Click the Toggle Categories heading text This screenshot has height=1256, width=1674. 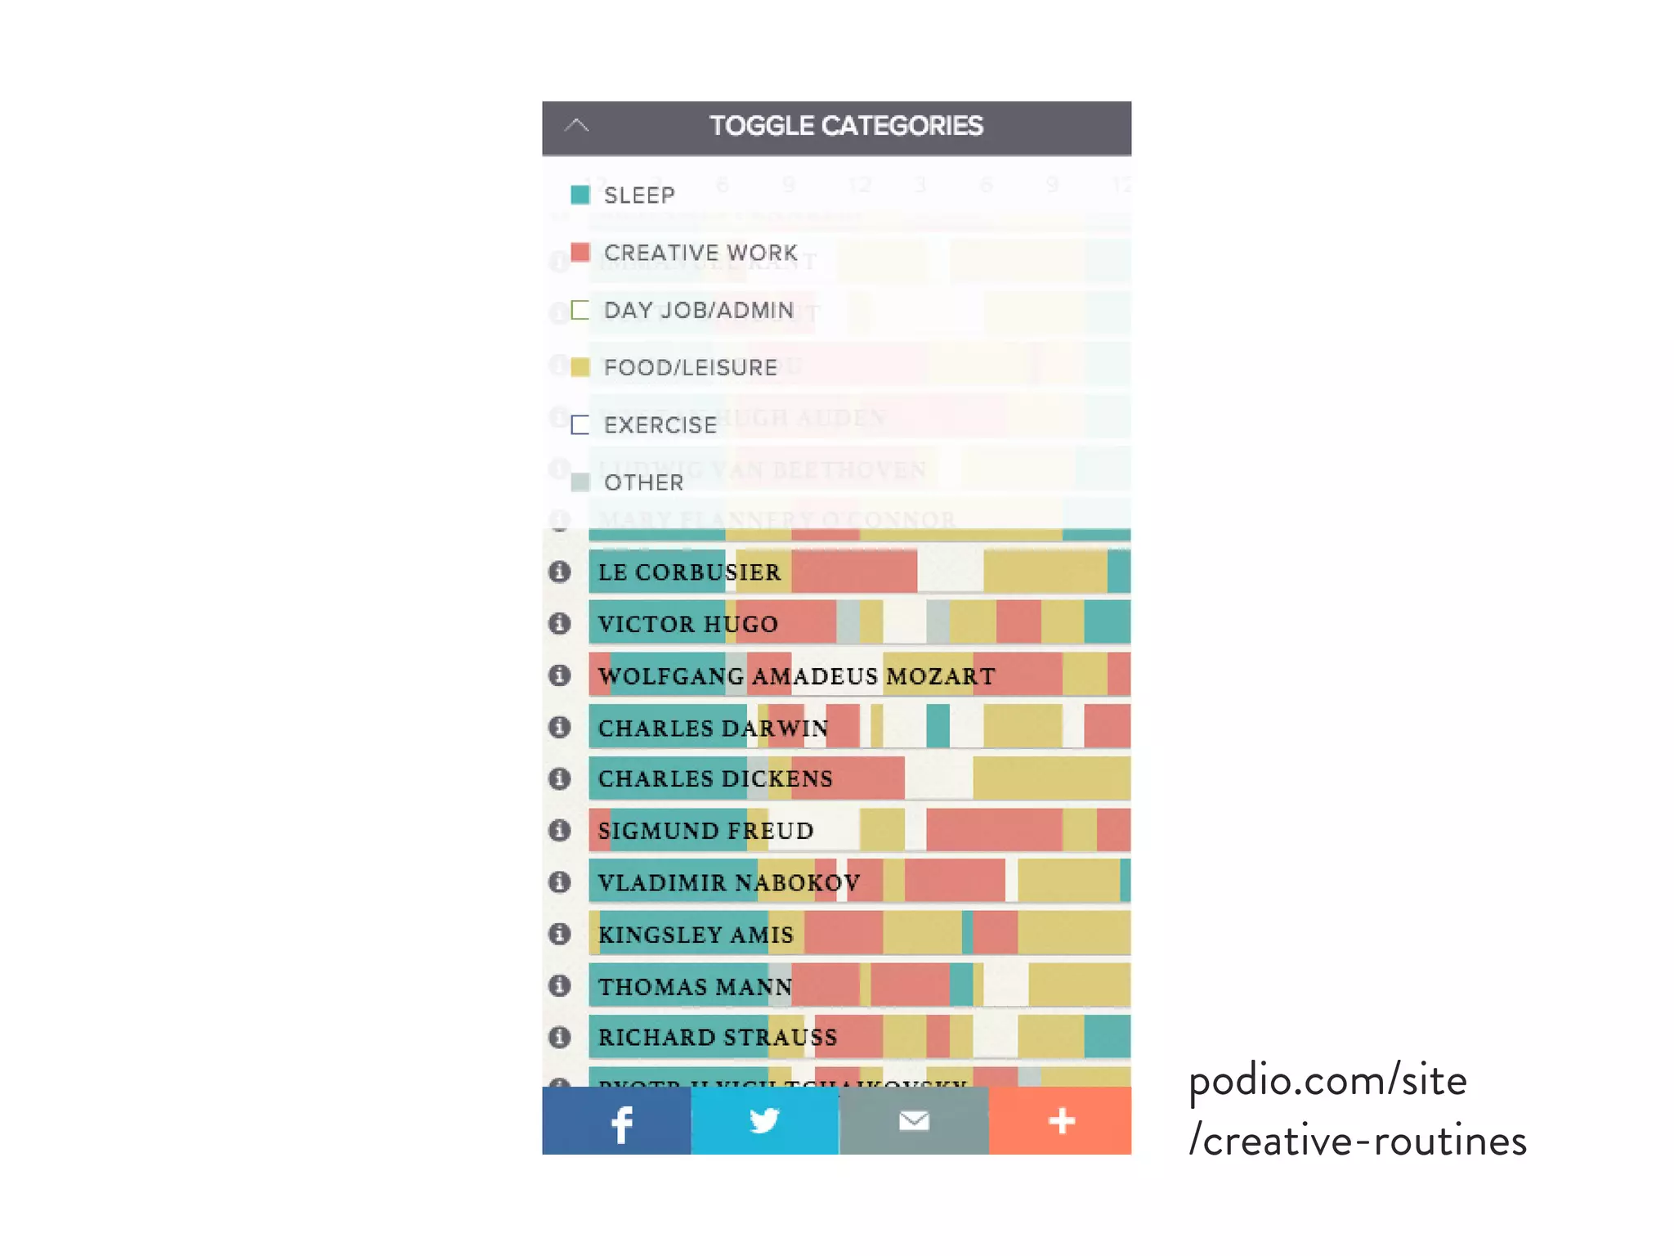(x=845, y=126)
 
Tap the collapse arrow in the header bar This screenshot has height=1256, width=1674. (x=576, y=126)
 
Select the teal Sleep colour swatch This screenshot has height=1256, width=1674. (x=580, y=195)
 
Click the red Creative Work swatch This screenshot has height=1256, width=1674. (x=580, y=252)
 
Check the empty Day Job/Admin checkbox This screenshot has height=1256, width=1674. (x=580, y=310)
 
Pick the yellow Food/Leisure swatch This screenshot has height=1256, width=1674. (x=580, y=367)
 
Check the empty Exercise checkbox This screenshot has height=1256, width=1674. (x=580, y=425)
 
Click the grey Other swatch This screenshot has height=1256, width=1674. (x=580, y=482)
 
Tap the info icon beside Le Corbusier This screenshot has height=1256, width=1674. (x=559, y=572)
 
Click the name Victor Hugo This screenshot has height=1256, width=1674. (x=687, y=624)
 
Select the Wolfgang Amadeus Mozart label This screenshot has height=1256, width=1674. (x=796, y=676)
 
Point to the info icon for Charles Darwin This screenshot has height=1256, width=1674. (x=559, y=727)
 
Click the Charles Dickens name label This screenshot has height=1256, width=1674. (x=715, y=778)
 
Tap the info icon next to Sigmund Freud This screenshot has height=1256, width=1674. (x=559, y=831)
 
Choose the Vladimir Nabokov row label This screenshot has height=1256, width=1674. (x=728, y=882)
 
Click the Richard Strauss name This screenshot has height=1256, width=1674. (x=718, y=1037)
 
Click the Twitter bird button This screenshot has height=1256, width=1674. (x=765, y=1120)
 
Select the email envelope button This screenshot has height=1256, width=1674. (x=914, y=1120)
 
